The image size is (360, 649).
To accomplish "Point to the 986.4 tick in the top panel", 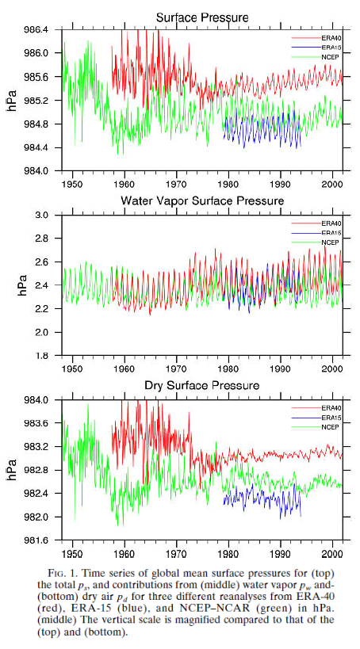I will click(x=38, y=29).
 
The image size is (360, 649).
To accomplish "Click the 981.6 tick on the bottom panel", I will click(x=38, y=541).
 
